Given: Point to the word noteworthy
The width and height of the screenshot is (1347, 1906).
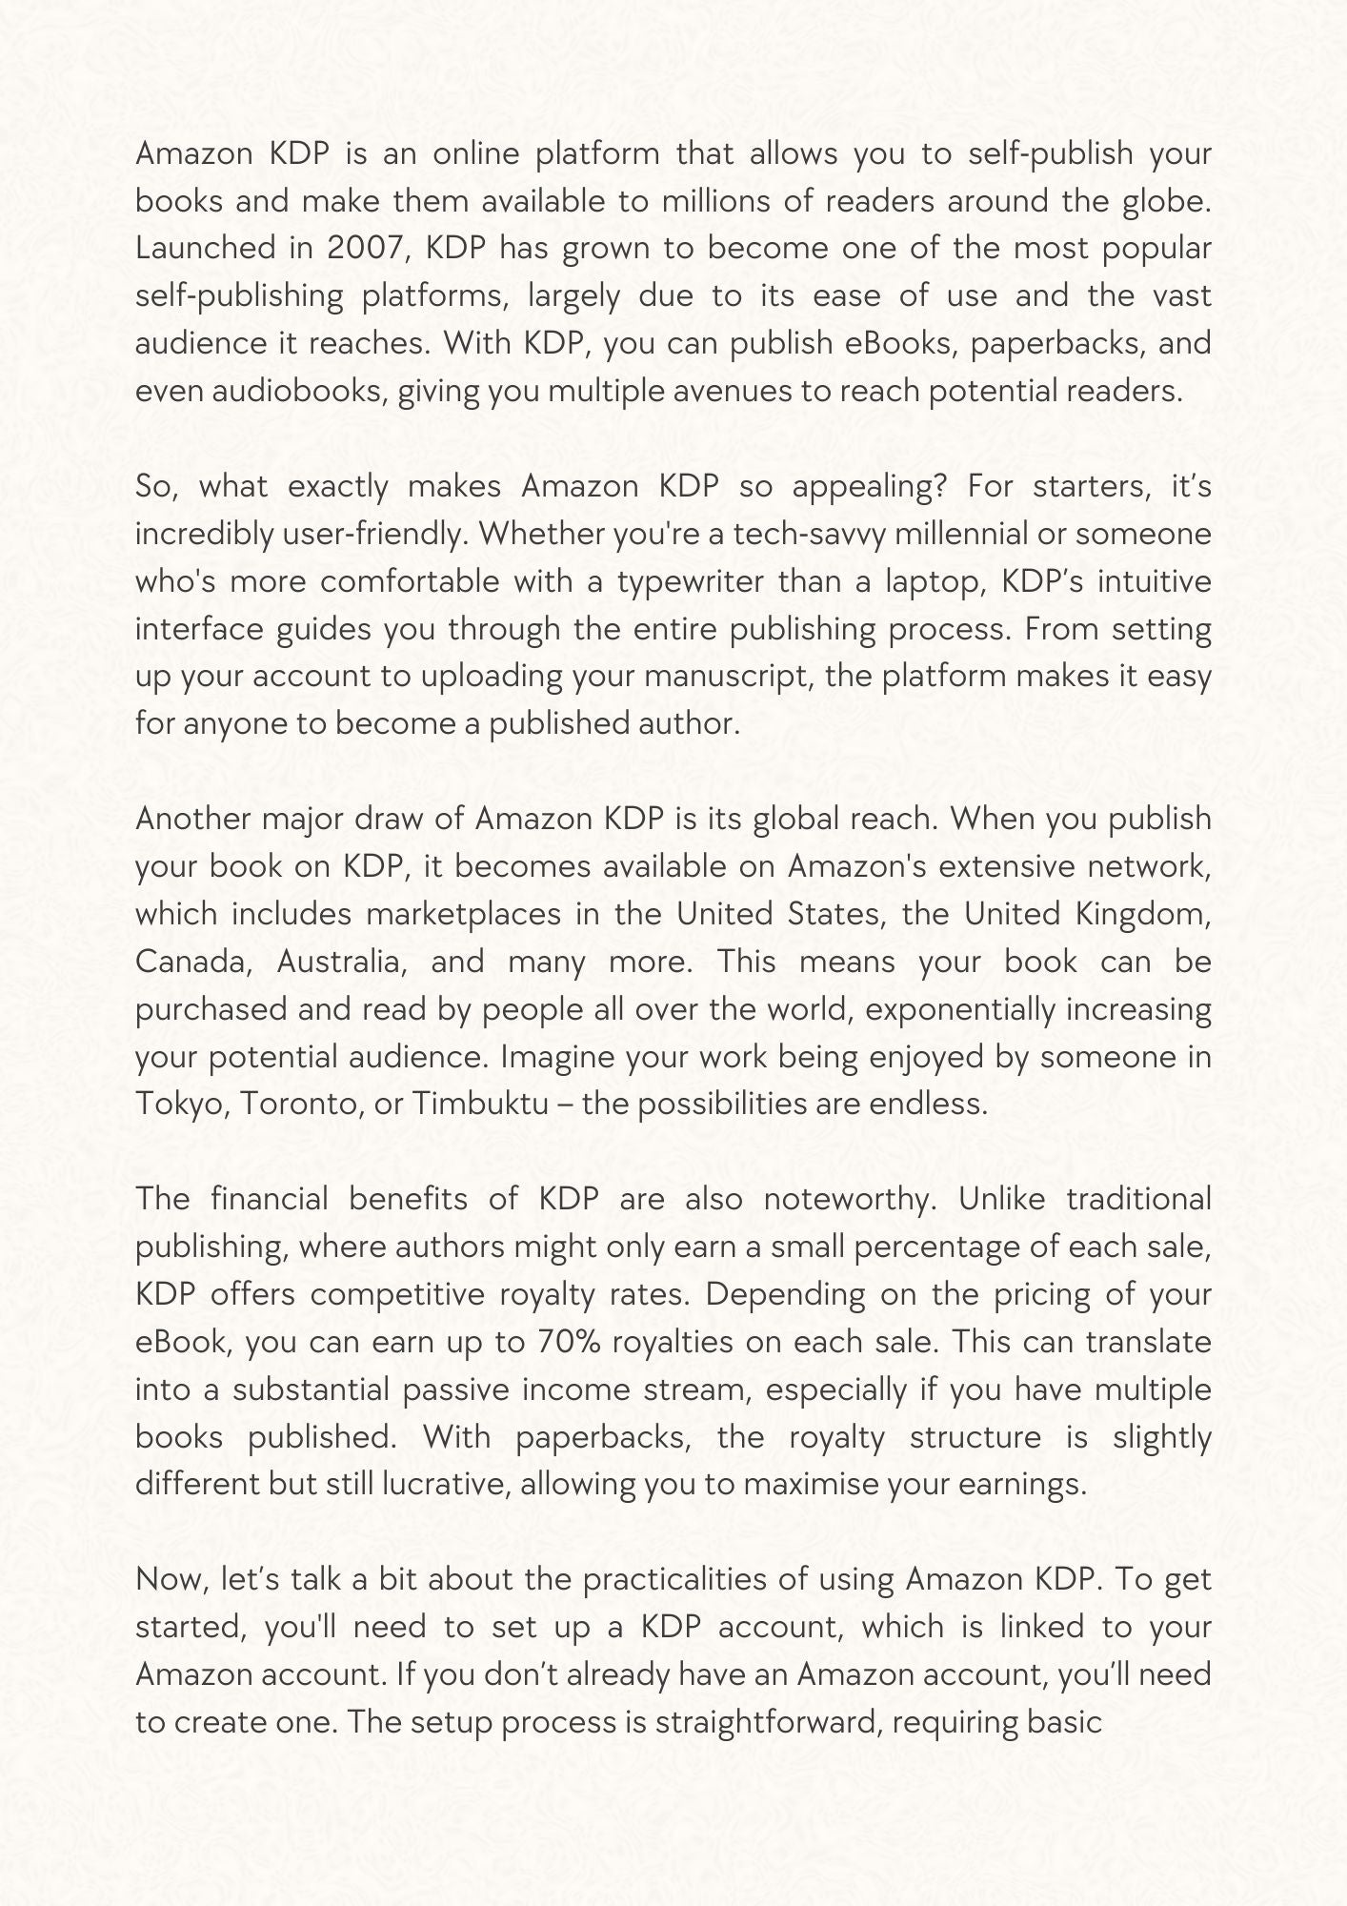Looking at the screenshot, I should (850, 1199).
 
